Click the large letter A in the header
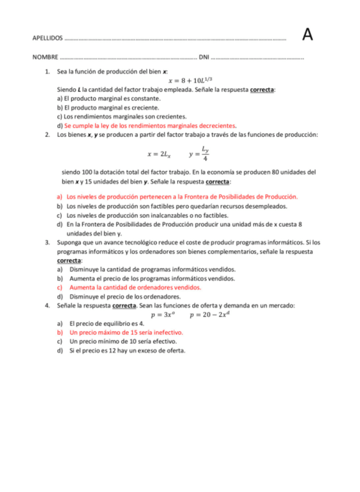(308, 35)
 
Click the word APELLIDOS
(48, 38)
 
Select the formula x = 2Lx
(159, 154)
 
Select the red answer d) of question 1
(150, 125)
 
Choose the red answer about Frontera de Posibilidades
(182, 197)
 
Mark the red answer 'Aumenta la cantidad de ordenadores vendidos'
(135, 287)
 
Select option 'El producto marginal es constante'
(109, 99)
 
